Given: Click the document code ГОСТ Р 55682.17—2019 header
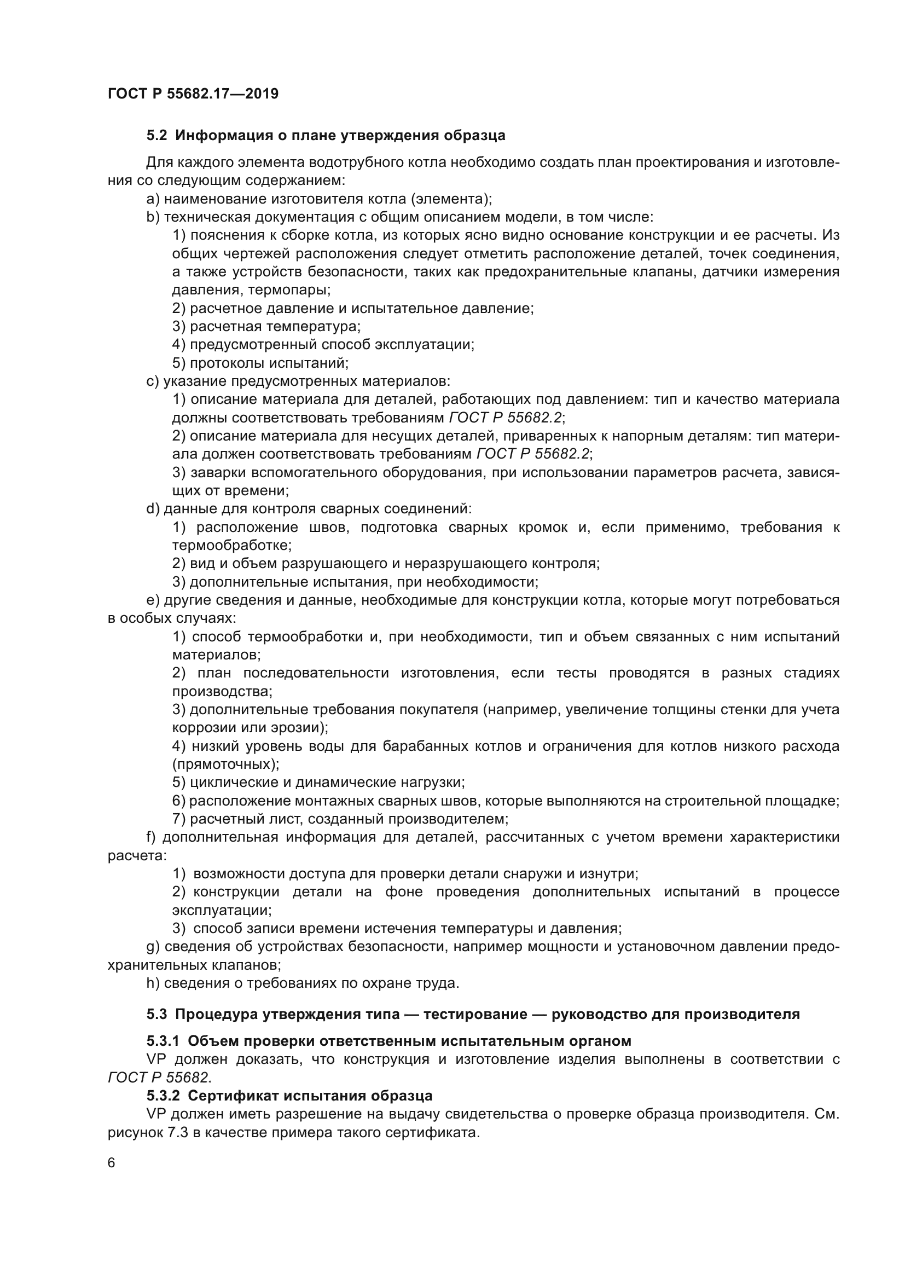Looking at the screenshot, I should (x=193, y=94).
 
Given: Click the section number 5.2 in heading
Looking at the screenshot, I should (x=156, y=136).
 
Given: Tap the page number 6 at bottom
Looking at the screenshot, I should (x=112, y=1163).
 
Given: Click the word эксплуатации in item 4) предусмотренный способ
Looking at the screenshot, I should (x=424, y=345).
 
